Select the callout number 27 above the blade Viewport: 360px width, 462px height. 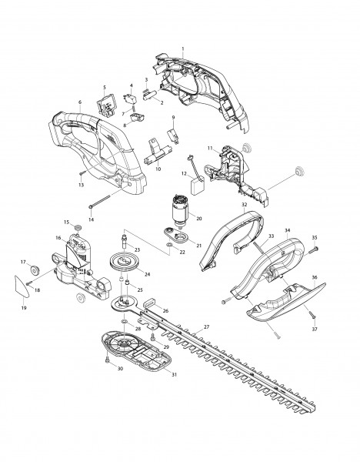tap(206, 327)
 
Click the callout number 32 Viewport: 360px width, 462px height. tap(244, 206)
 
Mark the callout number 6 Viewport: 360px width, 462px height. tap(80, 102)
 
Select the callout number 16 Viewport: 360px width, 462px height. tap(57, 239)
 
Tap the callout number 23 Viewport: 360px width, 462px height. tap(138, 249)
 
